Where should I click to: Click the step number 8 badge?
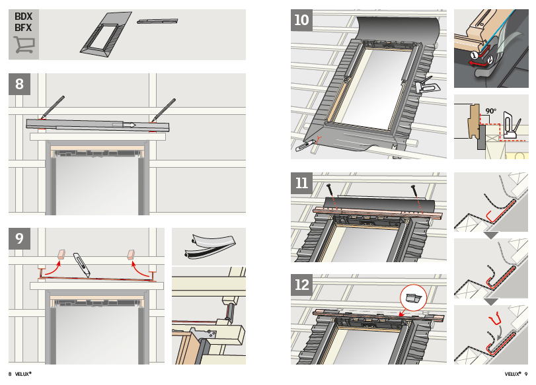coord(19,84)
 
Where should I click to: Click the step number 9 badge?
coord(19,238)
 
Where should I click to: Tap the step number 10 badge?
coord(301,20)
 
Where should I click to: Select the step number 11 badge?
coord(301,183)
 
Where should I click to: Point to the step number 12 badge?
coord(301,285)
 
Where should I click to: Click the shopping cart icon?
coord(24,45)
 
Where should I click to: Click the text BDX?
coord(23,17)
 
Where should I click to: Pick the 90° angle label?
coord(491,111)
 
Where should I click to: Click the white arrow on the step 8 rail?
coord(130,125)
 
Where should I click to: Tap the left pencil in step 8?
coord(52,107)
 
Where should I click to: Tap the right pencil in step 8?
coord(163,110)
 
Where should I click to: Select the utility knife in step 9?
coord(83,265)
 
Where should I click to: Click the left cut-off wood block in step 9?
coord(61,254)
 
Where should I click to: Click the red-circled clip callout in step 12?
coord(413,298)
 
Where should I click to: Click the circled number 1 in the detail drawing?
coord(474,55)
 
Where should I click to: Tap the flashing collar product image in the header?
coord(106,35)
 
